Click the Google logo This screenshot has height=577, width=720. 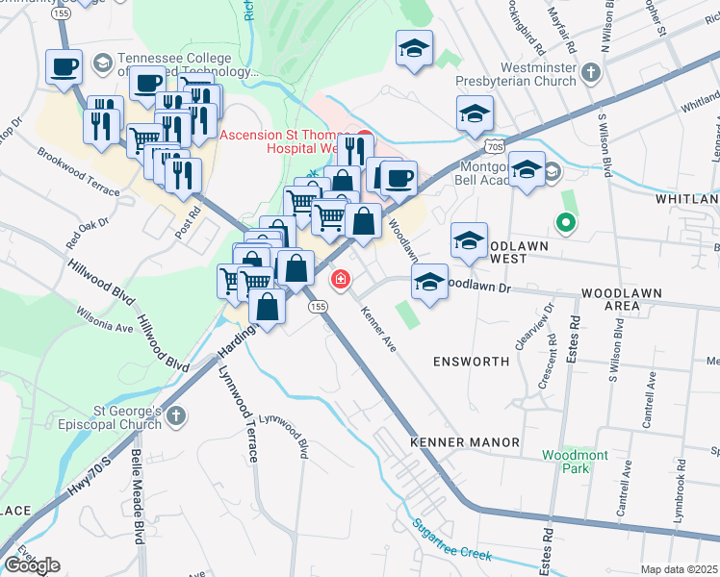point(32,565)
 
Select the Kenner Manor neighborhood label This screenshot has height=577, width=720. point(465,442)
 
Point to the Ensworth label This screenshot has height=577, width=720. point(471,362)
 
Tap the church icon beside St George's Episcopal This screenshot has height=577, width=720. point(175,416)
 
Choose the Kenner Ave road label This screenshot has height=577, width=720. point(378,327)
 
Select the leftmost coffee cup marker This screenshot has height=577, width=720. point(64,67)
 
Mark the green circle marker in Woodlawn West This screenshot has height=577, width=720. point(566,224)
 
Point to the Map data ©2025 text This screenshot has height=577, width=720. point(680,569)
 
